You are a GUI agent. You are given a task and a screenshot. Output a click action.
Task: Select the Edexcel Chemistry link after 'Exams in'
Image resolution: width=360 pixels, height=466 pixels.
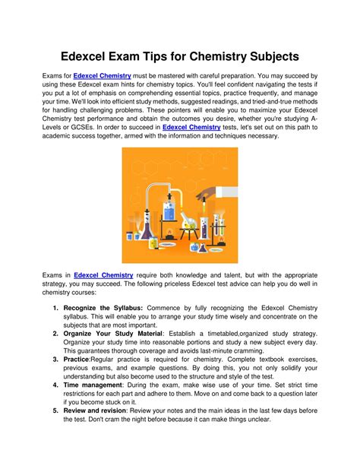pos(104,274)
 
